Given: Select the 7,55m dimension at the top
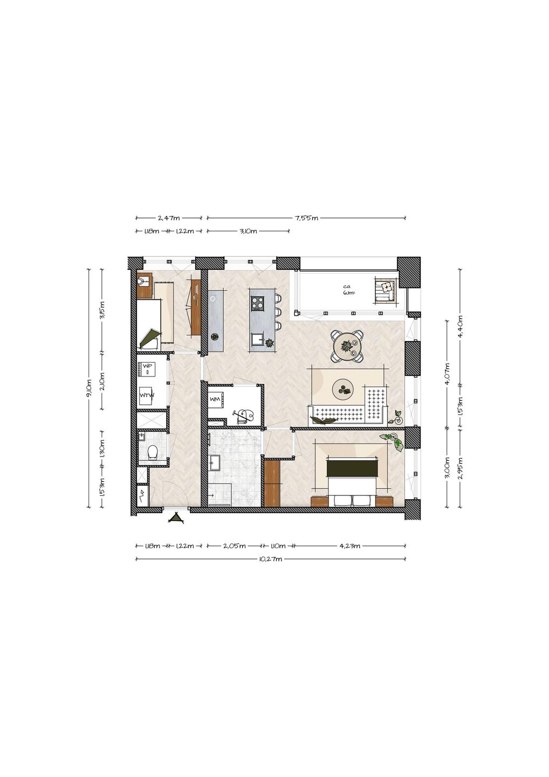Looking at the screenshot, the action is [x=306, y=218].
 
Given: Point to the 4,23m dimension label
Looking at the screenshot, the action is [x=349, y=546].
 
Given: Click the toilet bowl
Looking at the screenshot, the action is [x=152, y=452].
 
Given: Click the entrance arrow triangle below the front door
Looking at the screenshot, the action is [x=176, y=518].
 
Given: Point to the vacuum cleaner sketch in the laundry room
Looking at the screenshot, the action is [x=244, y=416].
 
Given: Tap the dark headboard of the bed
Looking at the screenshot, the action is [x=352, y=468].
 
